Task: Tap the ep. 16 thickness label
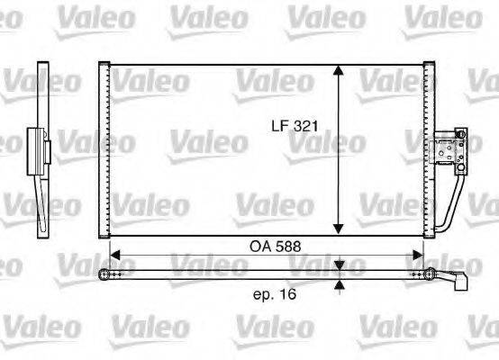[x=276, y=293]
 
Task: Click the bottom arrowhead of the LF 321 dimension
[x=338, y=228]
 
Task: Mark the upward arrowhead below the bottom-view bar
[x=339, y=285]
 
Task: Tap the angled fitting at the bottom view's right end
[x=459, y=277]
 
